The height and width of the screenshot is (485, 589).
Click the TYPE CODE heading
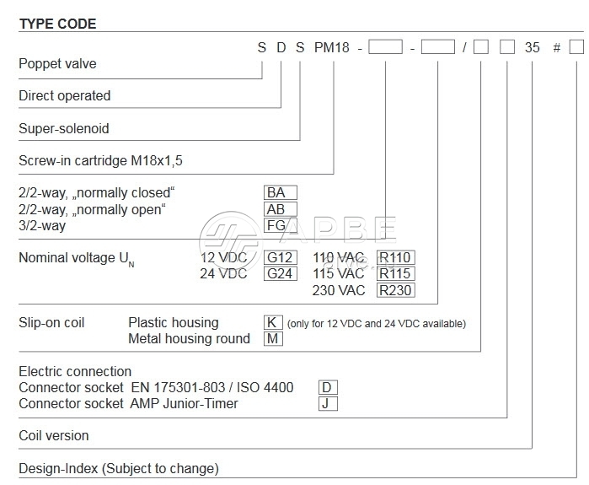coord(57,24)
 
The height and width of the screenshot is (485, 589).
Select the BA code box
coord(281,193)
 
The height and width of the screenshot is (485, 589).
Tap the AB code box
coord(281,209)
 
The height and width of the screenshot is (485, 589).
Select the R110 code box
coord(396,257)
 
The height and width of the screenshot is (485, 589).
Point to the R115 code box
coord(396,274)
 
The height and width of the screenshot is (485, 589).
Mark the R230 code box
coord(396,290)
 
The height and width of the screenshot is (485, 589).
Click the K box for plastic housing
coord(274,322)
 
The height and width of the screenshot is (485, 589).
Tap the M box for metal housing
coord(274,338)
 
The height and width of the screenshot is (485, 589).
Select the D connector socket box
coord(328,388)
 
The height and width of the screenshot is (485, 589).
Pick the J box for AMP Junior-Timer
coord(328,403)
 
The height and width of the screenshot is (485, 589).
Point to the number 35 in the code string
coord(533,48)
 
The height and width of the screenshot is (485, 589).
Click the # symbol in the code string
coord(556,48)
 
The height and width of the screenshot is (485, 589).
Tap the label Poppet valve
coord(57,63)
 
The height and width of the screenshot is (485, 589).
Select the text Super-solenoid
coord(64,129)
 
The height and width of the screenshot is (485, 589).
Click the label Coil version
coord(54,436)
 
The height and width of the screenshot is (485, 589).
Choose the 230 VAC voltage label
coord(340,290)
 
